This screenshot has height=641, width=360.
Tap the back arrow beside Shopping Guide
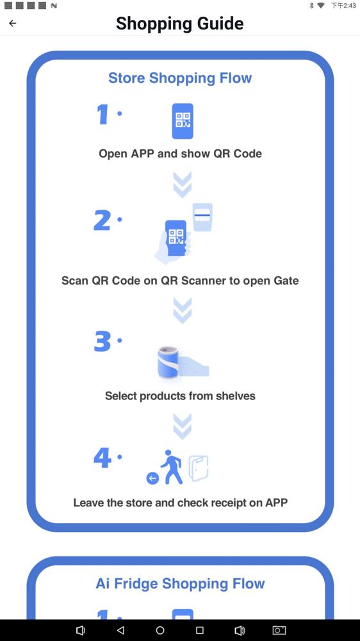[13, 23]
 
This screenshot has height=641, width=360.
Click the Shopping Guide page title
[180, 23]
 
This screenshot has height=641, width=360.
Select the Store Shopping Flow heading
[180, 78]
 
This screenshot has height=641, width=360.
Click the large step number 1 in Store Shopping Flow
[102, 114]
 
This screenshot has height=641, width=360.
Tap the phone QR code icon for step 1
[183, 121]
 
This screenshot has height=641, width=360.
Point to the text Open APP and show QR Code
[180, 154]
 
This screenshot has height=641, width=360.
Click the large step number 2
[102, 221]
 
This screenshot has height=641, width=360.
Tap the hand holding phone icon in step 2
[172, 241]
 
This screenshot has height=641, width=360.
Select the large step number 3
[102, 342]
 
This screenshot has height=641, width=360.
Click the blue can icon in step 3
[168, 362]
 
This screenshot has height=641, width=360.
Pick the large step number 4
[102, 458]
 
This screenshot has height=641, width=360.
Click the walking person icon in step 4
[171, 467]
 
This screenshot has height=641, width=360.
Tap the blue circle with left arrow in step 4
[153, 478]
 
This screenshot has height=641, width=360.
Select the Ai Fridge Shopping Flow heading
[180, 583]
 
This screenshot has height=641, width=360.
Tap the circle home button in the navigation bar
[160, 630]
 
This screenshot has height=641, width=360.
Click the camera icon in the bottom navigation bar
[279, 630]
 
